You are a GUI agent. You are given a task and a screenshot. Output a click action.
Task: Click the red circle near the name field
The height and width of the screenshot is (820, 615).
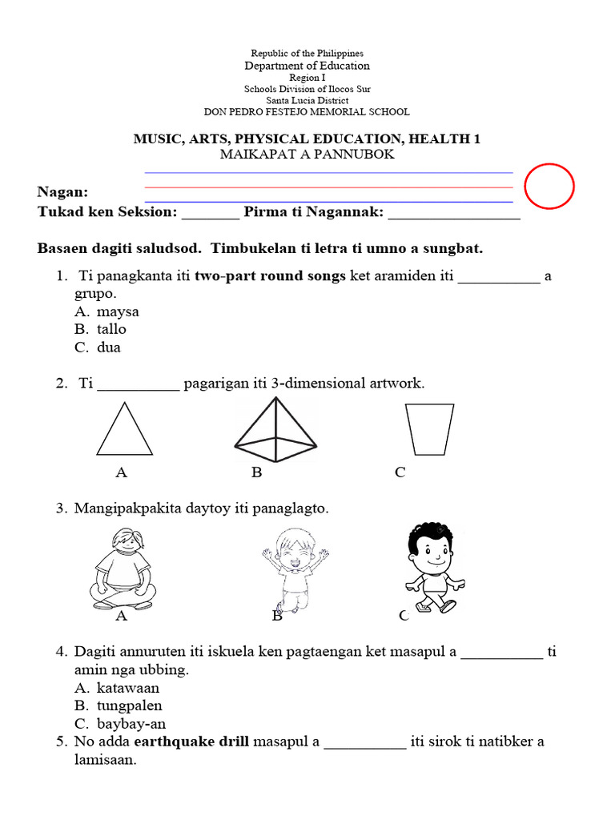[549, 187]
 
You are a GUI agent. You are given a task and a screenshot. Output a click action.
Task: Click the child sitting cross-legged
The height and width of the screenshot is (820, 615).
[123, 570]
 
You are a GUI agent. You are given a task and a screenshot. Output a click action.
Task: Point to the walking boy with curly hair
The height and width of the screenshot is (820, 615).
[429, 567]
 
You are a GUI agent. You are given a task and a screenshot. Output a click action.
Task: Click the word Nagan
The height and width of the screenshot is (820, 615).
[62, 193]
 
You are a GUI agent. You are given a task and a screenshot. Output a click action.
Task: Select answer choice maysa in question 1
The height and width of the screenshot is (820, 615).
[118, 312]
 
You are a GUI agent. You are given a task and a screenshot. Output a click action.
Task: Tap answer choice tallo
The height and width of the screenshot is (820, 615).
[111, 329]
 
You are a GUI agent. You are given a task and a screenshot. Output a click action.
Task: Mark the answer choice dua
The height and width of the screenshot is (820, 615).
[109, 348]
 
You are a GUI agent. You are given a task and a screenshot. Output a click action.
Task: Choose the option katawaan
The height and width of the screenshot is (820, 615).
[128, 688]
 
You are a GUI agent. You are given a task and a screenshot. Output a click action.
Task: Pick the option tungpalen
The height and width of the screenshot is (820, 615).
[129, 705]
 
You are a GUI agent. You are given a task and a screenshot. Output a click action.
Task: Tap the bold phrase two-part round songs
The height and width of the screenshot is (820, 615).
[270, 276]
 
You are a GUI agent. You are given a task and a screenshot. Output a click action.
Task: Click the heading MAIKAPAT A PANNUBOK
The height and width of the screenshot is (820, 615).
[307, 155]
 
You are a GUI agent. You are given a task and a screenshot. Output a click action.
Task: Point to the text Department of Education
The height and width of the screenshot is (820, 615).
[307, 66]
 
